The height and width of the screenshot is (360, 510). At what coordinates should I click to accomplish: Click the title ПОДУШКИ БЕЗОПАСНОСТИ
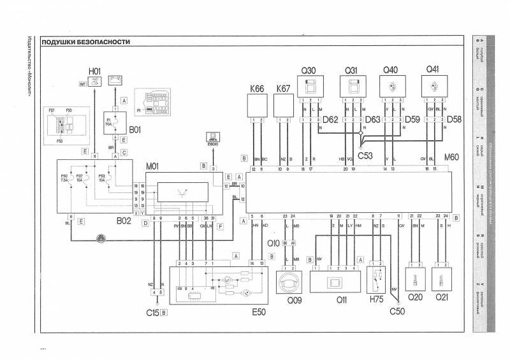86,42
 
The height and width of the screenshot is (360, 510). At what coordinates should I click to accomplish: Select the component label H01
95,71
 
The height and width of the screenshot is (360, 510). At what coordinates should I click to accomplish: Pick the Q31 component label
351,70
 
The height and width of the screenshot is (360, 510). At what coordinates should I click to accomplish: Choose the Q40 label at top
390,70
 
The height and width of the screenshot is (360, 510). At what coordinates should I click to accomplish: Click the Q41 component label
433,70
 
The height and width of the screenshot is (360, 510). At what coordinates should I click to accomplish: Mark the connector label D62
330,119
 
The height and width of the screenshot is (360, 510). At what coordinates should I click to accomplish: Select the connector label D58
454,119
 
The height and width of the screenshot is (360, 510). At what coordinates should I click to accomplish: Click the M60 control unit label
451,157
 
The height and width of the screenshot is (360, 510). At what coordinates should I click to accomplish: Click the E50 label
258,312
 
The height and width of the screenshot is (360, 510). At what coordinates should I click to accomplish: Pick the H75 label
376,299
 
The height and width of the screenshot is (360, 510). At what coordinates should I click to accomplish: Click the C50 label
397,312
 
